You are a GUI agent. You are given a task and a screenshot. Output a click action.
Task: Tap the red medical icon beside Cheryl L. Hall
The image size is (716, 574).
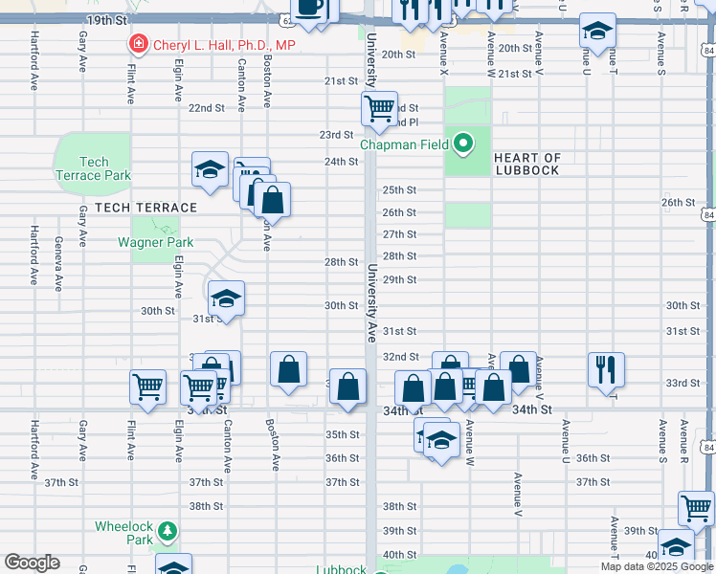[139, 44]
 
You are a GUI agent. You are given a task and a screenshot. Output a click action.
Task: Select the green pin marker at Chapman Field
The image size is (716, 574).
[464, 144]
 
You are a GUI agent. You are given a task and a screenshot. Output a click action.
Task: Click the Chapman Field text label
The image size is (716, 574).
[406, 144]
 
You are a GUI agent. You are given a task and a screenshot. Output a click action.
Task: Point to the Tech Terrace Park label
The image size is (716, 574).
[94, 168]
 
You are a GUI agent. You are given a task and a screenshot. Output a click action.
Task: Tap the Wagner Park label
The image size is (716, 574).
[156, 242]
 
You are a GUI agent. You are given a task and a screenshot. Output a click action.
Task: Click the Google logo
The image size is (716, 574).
[32, 563]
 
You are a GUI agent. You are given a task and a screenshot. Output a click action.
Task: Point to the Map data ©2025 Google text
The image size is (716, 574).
[657, 566]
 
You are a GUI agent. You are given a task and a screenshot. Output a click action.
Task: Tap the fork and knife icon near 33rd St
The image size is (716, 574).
[606, 368]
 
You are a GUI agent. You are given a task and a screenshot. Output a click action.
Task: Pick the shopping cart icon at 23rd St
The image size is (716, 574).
[380, 109]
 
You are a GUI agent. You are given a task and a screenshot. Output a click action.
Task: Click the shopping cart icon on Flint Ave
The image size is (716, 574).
[147, 386]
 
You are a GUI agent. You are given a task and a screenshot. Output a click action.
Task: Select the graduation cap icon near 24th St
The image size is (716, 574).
[210, 169]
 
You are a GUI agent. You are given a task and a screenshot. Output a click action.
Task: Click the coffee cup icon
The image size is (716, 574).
[308, 8]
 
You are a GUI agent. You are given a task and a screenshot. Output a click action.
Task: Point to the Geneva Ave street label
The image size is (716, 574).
[58, 264]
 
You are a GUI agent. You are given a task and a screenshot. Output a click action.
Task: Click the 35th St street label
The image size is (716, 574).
[342, 434]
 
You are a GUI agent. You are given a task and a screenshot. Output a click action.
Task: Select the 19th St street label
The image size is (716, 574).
[106, 20]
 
